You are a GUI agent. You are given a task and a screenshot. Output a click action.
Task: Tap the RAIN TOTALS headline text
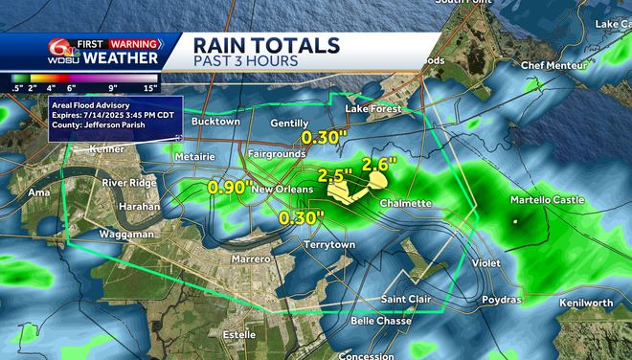(x=265, y=45)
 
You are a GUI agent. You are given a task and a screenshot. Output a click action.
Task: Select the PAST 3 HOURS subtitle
(x=244, y=61)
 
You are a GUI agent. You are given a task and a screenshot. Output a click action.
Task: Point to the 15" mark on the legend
(x=149, y=88)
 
